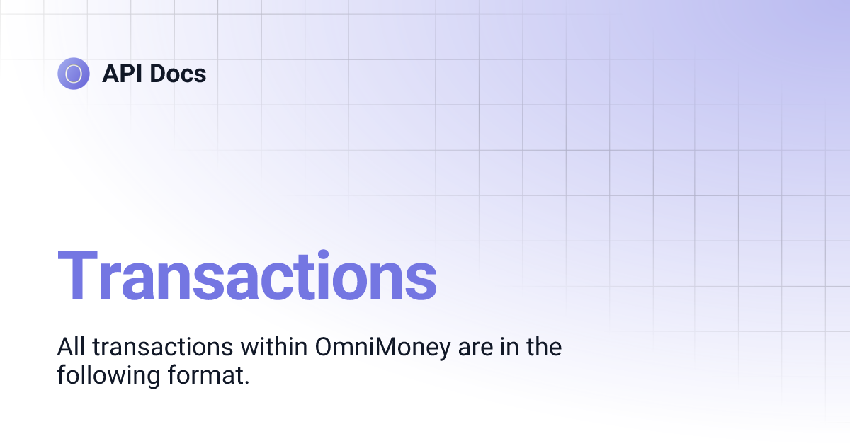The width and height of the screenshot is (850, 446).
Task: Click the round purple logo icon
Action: click(x=74, y=74)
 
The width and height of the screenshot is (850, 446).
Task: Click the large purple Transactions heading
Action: click(x=246, y=277)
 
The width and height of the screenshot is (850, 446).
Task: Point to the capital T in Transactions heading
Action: click(x=79, y=277)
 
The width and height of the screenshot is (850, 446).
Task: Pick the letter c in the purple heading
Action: click(x=283, y=281)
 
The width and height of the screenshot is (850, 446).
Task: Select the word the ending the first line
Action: click(x=543, y=347)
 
